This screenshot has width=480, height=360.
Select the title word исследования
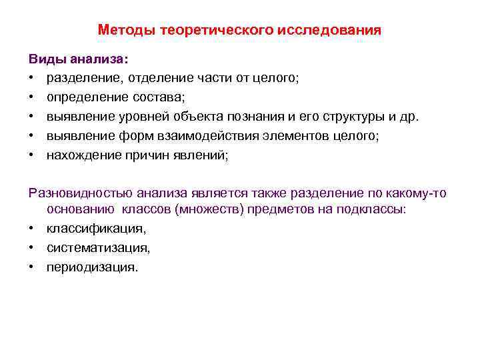(339, 30)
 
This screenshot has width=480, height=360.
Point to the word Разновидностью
(81, 193)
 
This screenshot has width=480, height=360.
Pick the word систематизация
(98, 248)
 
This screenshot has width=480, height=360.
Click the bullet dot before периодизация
(32, 268)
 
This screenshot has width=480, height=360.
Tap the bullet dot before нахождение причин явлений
(32, 157)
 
